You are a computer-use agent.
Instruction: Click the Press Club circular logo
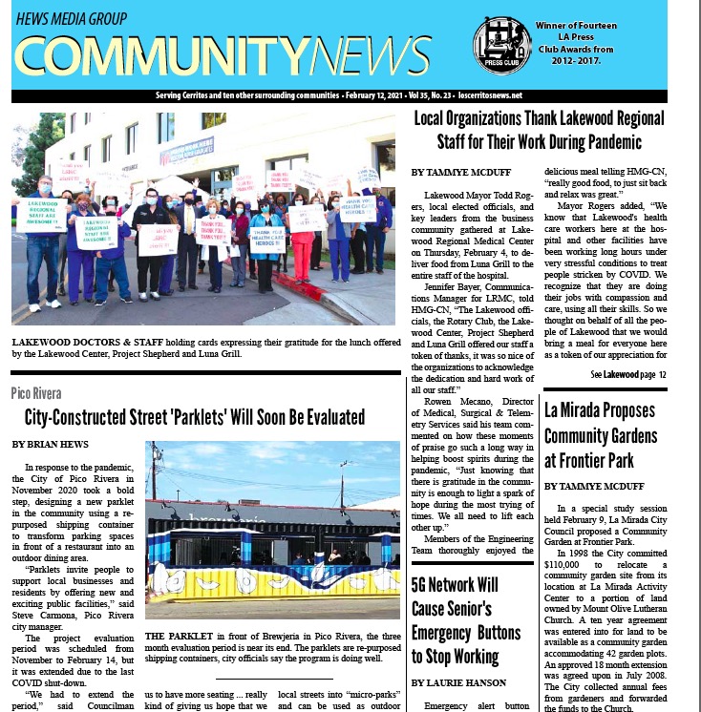point(501,45)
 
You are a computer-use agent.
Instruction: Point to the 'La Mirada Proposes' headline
point(613,410)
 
